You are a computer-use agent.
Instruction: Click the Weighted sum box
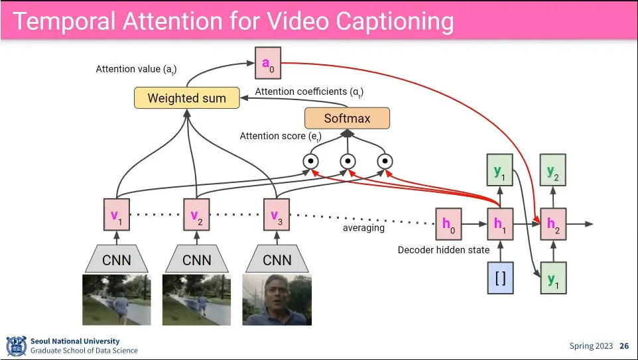186,98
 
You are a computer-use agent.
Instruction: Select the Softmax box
347,119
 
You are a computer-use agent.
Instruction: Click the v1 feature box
117,215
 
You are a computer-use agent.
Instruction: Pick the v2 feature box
196,215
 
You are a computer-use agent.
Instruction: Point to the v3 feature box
277,215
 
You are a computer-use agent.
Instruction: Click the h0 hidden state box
448,224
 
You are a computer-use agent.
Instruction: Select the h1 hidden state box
500,224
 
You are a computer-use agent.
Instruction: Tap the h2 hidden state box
553,224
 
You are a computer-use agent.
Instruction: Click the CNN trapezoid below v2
196,260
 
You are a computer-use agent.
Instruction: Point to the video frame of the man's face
277,300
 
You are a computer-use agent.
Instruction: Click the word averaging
363,228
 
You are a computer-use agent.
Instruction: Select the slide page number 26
624,346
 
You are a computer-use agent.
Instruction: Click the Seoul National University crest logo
16,346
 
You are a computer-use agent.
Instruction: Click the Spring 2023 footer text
590,346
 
